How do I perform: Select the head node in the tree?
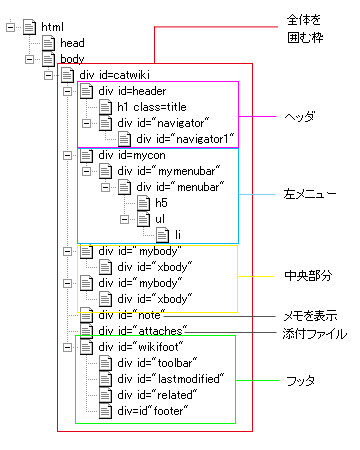(72, 42)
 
